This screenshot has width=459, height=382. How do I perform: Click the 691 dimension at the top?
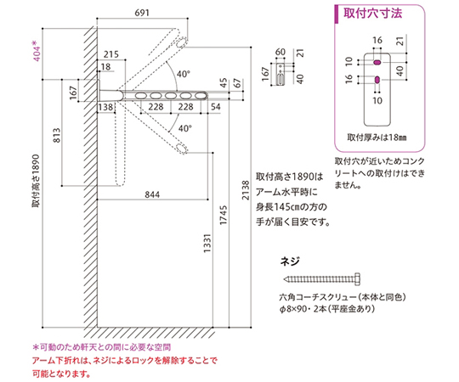tap(142, 13)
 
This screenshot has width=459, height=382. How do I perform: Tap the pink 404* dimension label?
tap(37, 51)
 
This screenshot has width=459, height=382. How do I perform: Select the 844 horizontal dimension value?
tap(152, 194)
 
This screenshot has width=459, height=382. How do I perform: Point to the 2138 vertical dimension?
tap(246, 190)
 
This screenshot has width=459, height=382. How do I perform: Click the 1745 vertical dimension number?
tap(224, 215)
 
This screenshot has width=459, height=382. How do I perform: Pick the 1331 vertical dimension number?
tap(207, 244)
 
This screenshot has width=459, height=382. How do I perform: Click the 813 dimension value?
tap(57, 135)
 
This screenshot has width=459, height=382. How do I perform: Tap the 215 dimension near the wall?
tap(111, 54)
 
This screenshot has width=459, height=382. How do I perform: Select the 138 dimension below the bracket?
tap(105, 107)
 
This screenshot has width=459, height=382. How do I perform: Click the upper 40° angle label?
tap(184, 74)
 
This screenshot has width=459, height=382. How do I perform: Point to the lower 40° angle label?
tap(185, 128)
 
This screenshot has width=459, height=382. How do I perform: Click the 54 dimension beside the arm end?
tap(215, 107)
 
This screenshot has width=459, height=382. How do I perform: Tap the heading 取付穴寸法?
tap(372, 14)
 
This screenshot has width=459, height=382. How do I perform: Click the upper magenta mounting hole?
tap(377, 62)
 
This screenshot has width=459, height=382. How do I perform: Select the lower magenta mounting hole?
tap(377, 80)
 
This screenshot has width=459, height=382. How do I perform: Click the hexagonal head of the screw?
tap(357, 278)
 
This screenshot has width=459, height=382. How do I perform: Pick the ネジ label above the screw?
tap(290, 261)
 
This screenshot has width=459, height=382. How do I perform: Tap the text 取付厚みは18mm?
tap(377, 137)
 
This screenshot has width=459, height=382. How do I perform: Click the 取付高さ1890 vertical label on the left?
tap(36, 181)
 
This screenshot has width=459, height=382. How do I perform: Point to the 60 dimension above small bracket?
tap(280, 52)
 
